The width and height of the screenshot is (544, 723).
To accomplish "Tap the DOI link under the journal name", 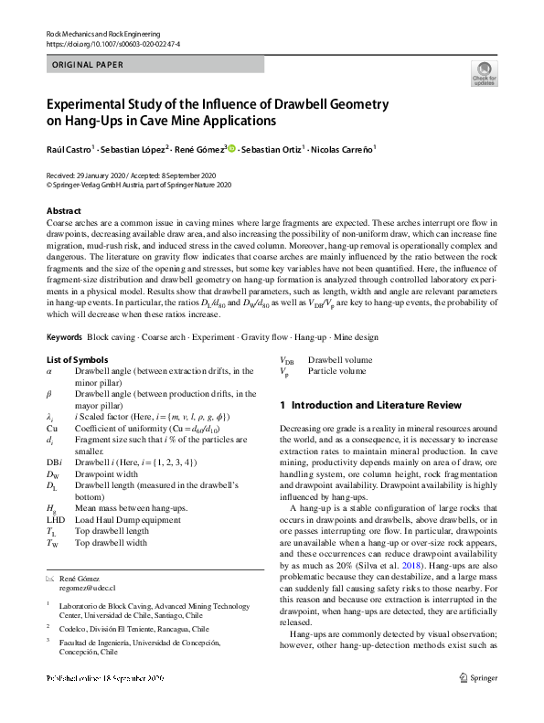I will tap(112, 43).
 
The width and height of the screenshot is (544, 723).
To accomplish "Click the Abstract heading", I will tap(64, 210).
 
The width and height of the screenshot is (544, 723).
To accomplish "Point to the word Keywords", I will tap(66, 337).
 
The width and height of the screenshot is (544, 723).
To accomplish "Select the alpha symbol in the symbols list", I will tap(49, 371).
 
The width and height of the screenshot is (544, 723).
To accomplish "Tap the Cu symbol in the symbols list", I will tap(51, 428).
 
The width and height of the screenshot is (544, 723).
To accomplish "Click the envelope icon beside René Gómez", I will tap(50, 579).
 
